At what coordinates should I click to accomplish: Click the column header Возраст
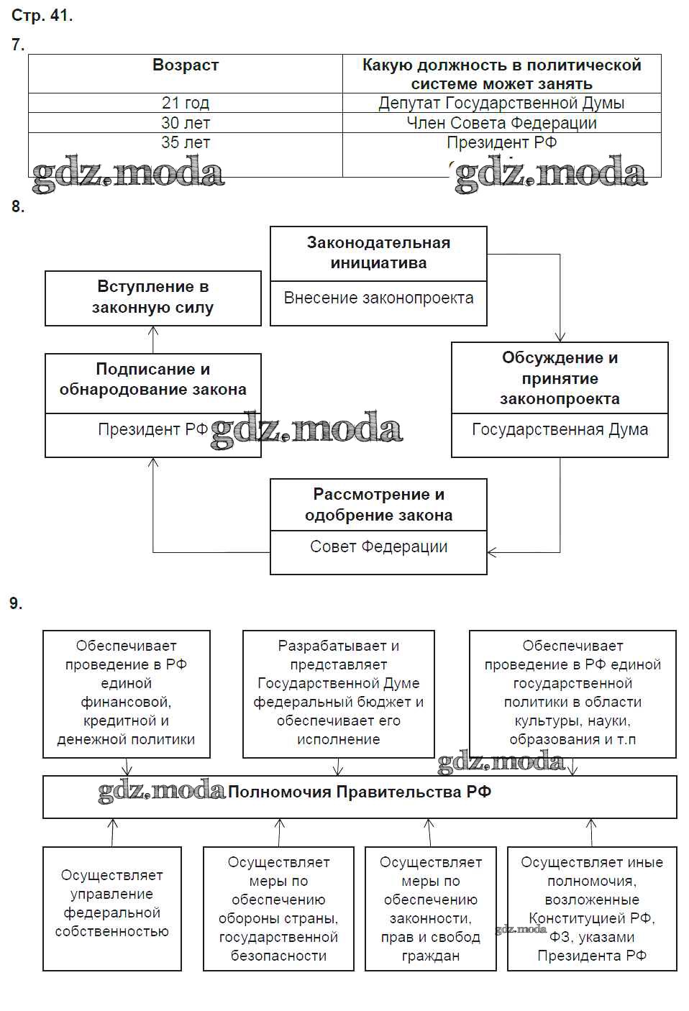(186, 65)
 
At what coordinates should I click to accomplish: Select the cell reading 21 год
(186, 103)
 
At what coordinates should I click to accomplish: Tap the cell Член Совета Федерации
(501, 123)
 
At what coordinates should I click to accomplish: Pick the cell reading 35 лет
(186, 142)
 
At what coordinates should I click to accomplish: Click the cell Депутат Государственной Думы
(501, 103)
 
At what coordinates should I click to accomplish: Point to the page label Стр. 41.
(42, 15)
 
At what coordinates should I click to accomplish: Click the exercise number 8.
(18, 207)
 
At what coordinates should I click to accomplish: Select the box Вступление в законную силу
(153, 298)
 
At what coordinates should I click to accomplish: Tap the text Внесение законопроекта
(378, 298)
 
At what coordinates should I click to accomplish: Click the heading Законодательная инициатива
(378, 253)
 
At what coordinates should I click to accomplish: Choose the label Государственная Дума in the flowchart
(560, 430)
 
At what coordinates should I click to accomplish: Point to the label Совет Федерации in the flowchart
(378, 547)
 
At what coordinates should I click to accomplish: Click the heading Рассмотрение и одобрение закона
(378, 505)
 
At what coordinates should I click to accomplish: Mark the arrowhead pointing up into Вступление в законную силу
(153, 331)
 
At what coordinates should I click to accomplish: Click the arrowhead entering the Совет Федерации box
(492, 552)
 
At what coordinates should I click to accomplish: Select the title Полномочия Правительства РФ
(360, 792)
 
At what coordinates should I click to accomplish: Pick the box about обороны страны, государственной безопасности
(278, 909)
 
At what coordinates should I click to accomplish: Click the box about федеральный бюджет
(338, 692)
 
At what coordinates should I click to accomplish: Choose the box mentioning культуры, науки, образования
(572, 692)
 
